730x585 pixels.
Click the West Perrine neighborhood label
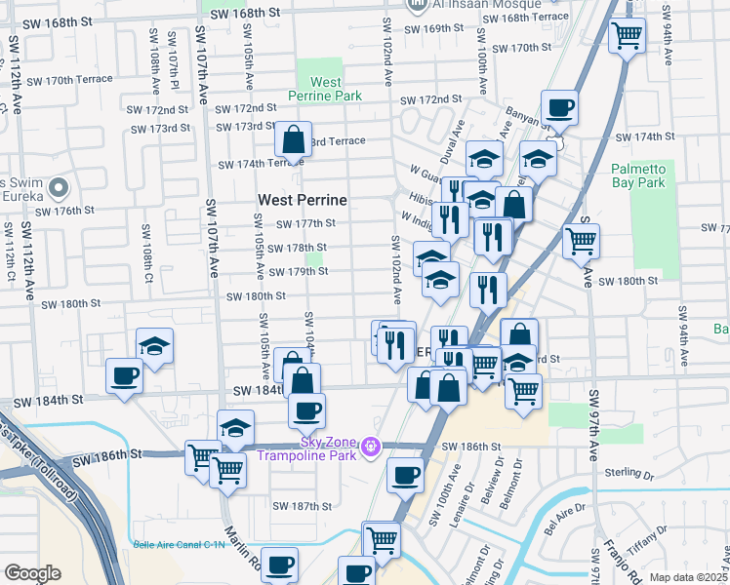coord(303,200)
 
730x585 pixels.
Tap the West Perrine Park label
coord(324,90)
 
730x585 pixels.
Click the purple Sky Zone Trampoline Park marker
coord(370,448)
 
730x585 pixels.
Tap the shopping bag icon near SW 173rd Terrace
coord(293,140)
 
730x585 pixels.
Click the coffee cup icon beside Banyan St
coord(559,108)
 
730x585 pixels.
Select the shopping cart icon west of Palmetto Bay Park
coord(581,240)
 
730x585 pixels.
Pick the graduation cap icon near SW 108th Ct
coord(154,345)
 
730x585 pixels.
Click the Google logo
coord(32,573)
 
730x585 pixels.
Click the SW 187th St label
coord(303,506)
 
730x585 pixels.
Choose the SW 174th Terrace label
coord(252,164)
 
